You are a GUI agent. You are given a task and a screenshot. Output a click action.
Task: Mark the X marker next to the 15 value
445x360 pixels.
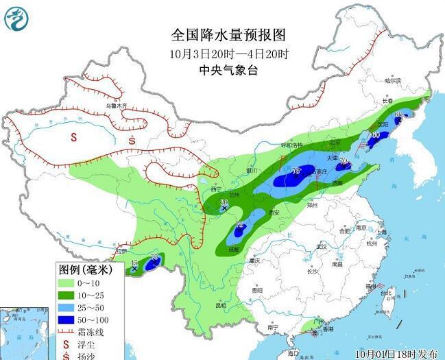tap(134, 269)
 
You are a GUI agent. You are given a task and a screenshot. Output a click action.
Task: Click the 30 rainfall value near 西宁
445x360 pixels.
tap(224, 202)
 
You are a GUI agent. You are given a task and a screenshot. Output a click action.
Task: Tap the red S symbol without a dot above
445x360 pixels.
tap(73, 136)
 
